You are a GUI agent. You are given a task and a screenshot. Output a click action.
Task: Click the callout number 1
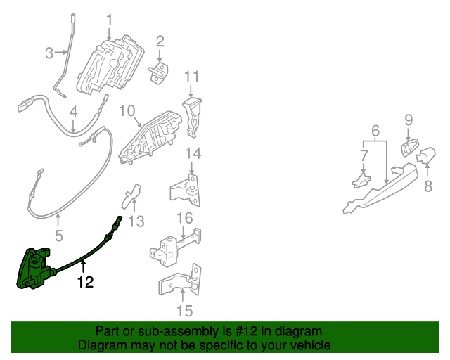pos(109,19)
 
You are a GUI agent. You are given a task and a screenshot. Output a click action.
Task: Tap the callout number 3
pos(49,52)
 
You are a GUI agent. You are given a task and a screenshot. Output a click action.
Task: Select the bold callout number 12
pos(84,283)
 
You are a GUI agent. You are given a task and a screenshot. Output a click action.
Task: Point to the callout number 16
pos(184,217)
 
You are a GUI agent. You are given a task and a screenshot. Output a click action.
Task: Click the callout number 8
pos(427,186)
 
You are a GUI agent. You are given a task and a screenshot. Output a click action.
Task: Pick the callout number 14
pos(193,153)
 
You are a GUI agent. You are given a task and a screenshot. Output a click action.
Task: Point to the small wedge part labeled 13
pos(131,196)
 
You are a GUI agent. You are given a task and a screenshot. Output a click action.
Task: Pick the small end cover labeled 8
pos(426,155)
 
